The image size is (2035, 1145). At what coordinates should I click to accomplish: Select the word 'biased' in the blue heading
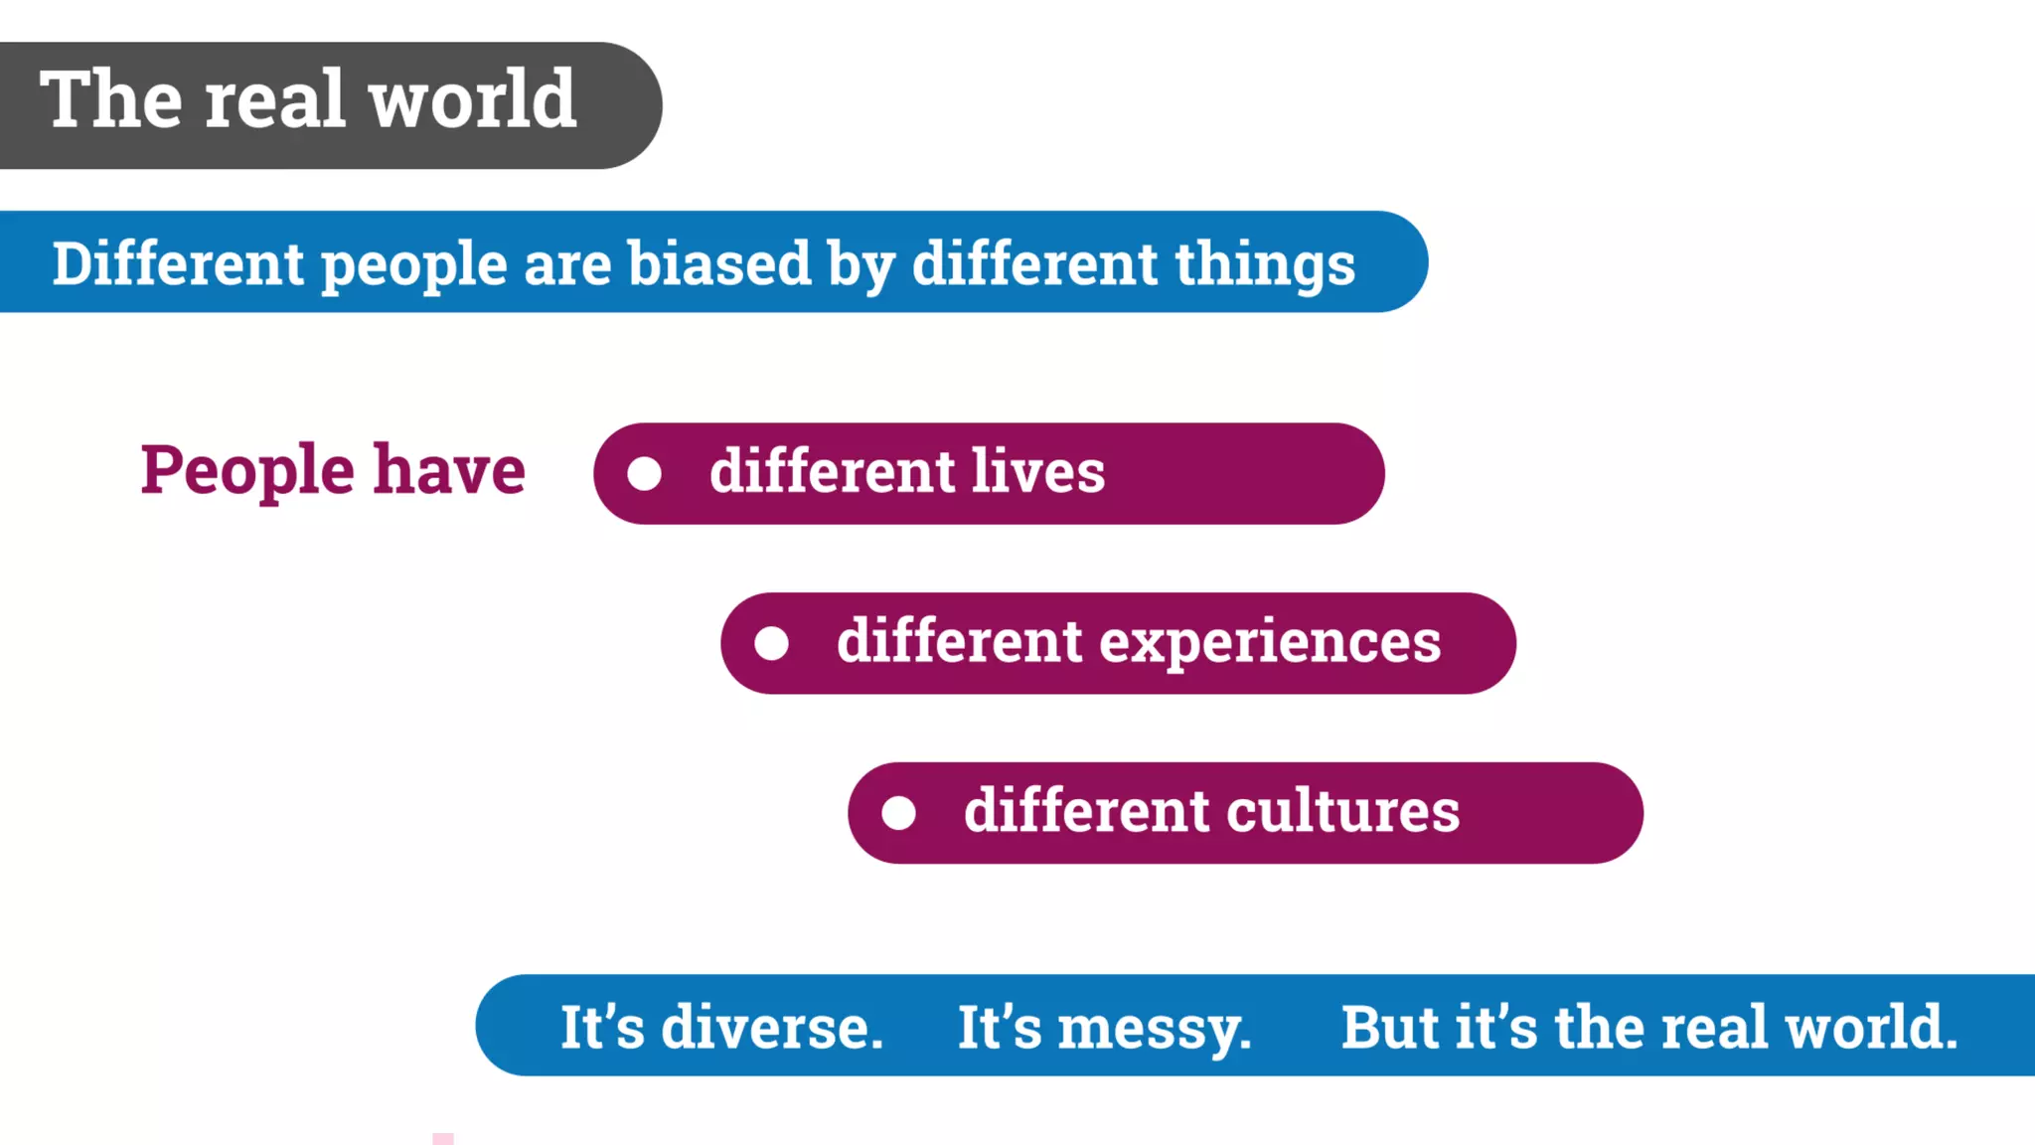[718, 264]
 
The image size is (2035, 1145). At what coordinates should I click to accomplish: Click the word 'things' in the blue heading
[1265, 266]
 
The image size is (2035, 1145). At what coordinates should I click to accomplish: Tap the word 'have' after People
[449, 470]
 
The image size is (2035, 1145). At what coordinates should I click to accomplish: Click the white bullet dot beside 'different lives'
[644, 474]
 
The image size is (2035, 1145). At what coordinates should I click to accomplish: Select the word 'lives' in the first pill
[1037, 471]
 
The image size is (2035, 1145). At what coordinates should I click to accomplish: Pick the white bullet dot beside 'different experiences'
[771, 644]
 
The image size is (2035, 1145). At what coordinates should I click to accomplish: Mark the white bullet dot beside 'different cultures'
[898, 813]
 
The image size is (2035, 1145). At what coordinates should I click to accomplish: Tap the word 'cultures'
[1342, 811]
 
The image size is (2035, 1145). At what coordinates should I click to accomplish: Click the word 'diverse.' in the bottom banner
[772, 1027]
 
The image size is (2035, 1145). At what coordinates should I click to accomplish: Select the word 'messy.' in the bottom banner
[1154, 1028]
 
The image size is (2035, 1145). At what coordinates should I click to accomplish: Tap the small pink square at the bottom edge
[443, 1139]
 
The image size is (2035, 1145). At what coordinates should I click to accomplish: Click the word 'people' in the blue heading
[414, 266]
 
